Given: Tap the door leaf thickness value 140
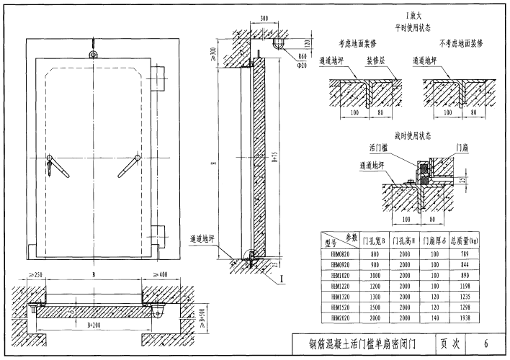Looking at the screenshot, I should [x=434, y=317].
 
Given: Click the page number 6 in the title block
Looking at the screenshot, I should [x=487, y=343].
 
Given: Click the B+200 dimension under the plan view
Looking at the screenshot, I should [x=92, y=326].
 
